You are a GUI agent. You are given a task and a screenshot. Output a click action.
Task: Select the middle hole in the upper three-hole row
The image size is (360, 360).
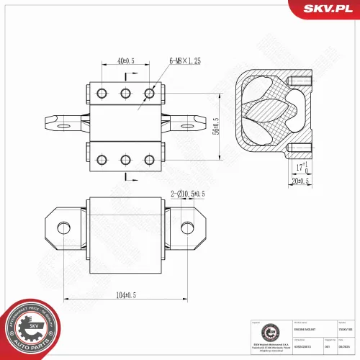pos(126,93)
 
